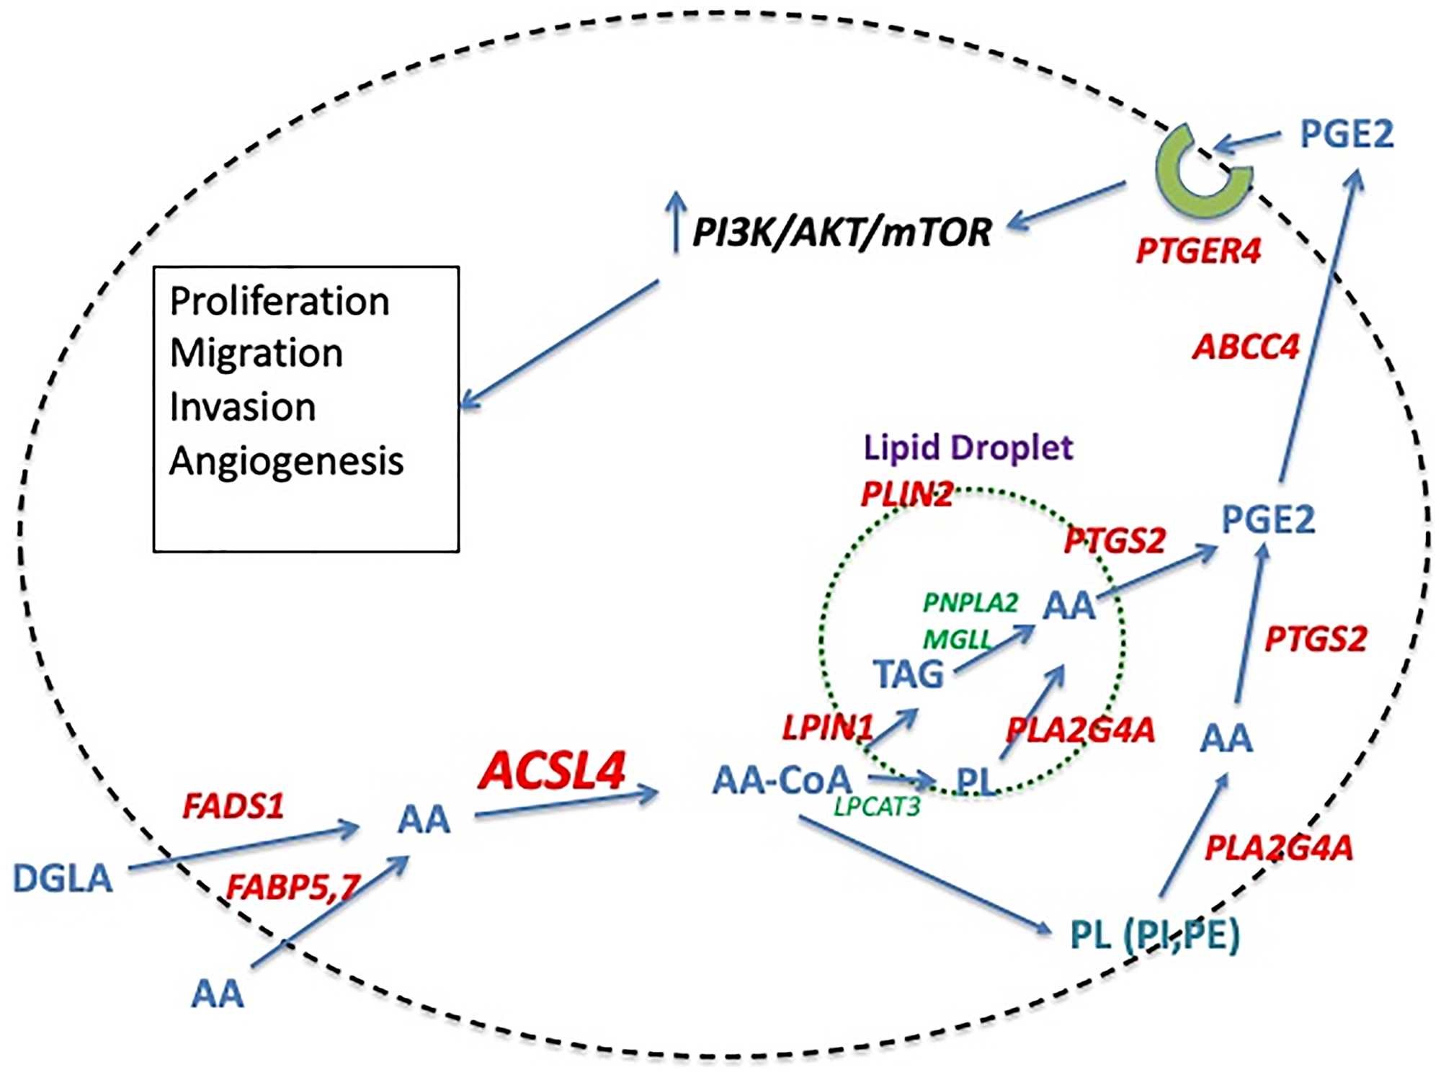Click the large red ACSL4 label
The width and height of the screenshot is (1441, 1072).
tap(552, 771)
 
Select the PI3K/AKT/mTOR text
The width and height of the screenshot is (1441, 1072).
tap(842, 233)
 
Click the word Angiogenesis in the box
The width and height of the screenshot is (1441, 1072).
tap(286, 461)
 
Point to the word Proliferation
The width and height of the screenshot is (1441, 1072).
tap(280, 301)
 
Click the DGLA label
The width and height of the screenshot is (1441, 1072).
tap(63, 878)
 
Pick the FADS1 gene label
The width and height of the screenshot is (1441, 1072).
tap(233, 806)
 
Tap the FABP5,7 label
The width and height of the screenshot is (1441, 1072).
tap(293, 887)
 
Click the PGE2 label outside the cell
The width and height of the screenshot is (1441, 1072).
tap(1346, 135)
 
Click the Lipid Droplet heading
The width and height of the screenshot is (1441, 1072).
tap(968, 448)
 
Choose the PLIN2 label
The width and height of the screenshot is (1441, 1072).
tap(907, 494)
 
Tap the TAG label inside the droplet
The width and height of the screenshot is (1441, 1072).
tap(908, 674)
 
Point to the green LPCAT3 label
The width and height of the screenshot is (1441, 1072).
tap(877, 807)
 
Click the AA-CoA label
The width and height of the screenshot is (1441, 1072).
tap(782, 780)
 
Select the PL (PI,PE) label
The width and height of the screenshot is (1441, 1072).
tap(1155, 934)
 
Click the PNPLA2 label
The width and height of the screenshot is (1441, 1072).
tap(971, 602)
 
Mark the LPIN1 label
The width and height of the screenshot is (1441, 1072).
tap(828, 728)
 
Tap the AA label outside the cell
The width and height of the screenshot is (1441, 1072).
tap(217, 994)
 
